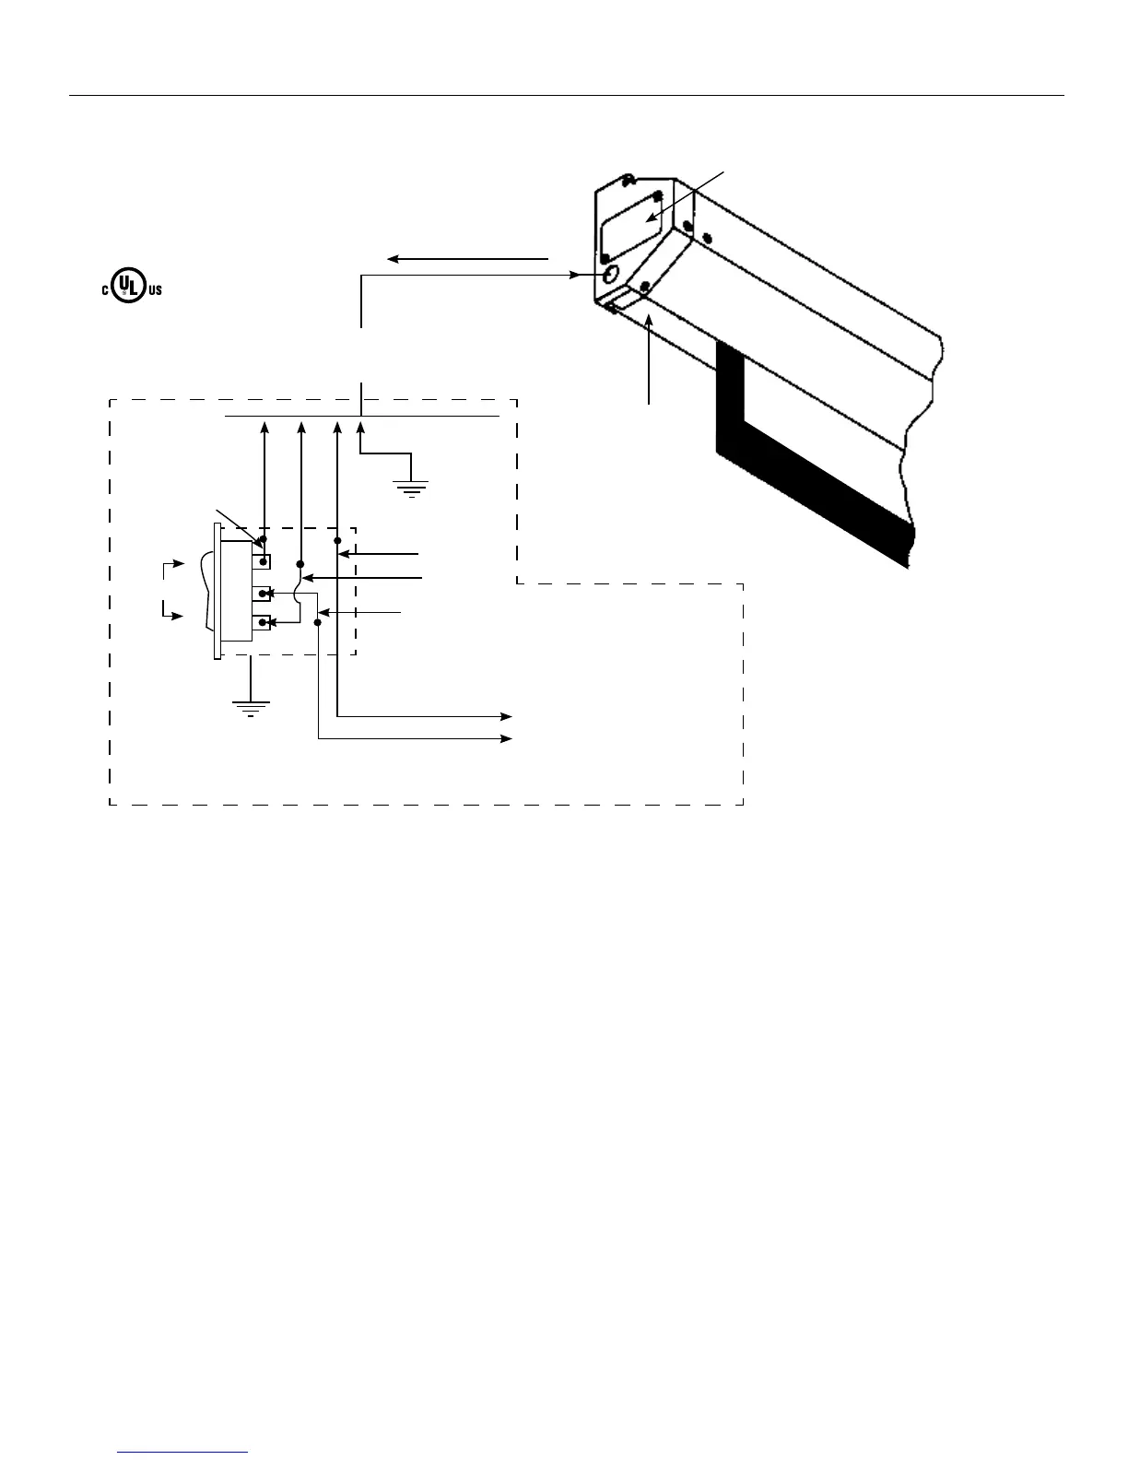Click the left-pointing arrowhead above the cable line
[392, 259]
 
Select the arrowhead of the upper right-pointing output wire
[508, 715]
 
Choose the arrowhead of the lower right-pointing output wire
[508, 738]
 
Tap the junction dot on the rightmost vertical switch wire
[337, 540]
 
